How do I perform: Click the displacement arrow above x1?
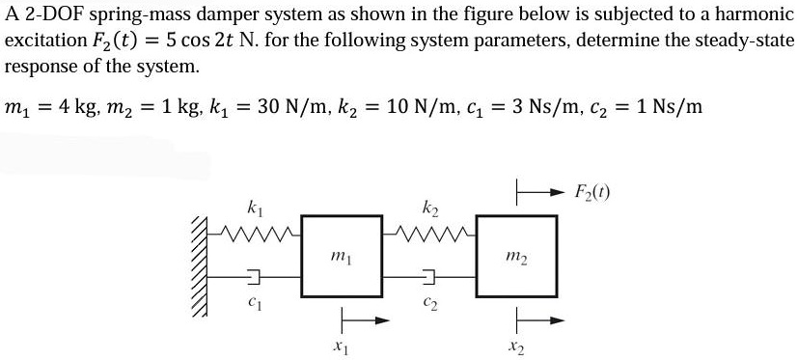pyautogui.click(x=354, y=318)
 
